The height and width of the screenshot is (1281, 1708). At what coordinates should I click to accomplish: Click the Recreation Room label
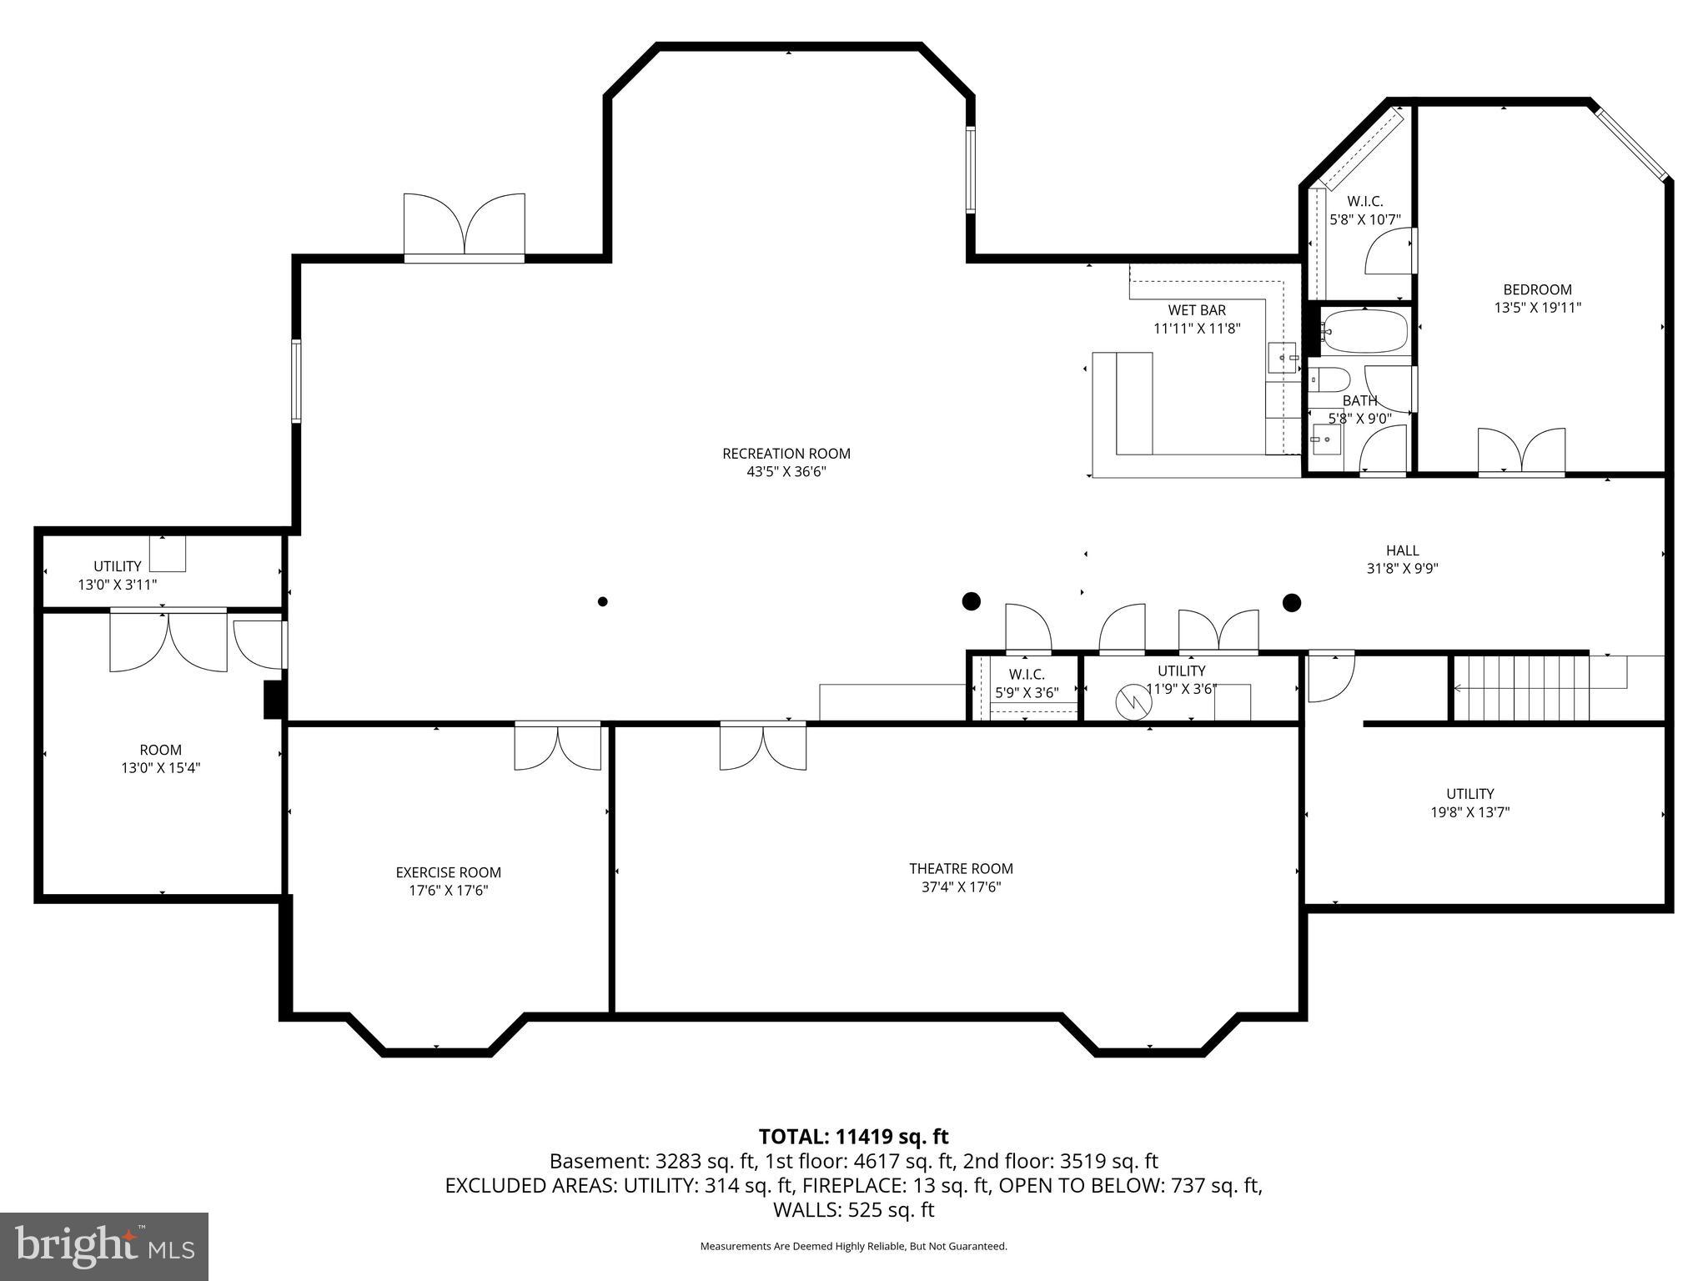point(786,454)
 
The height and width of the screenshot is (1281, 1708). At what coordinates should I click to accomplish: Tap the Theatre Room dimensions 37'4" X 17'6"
point(961,887)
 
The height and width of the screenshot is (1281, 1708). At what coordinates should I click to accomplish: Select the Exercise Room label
point(448,872)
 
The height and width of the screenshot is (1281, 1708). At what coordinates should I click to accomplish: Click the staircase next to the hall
point(1520,688)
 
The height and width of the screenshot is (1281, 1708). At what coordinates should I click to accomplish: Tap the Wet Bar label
point(1196,310)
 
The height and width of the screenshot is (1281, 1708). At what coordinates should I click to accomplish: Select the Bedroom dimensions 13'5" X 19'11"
point(1537,308)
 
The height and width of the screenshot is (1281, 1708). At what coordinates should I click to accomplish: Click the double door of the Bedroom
point(1521,453)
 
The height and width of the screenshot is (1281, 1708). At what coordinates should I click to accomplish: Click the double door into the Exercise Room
point(557,746)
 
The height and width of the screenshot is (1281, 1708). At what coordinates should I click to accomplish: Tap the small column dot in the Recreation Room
point(602,601)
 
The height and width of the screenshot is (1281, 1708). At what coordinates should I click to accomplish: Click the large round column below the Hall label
point(1291,602)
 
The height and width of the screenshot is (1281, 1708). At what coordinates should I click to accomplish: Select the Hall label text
point(1402,550)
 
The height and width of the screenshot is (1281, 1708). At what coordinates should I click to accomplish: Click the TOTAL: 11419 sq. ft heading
point(853,1137)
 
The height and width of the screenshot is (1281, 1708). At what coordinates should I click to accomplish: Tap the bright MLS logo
point(104,1245)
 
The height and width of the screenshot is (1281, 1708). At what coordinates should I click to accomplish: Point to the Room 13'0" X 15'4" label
point(160,759)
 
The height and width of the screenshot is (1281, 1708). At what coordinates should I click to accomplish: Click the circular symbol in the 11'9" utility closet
point(1134,702)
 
